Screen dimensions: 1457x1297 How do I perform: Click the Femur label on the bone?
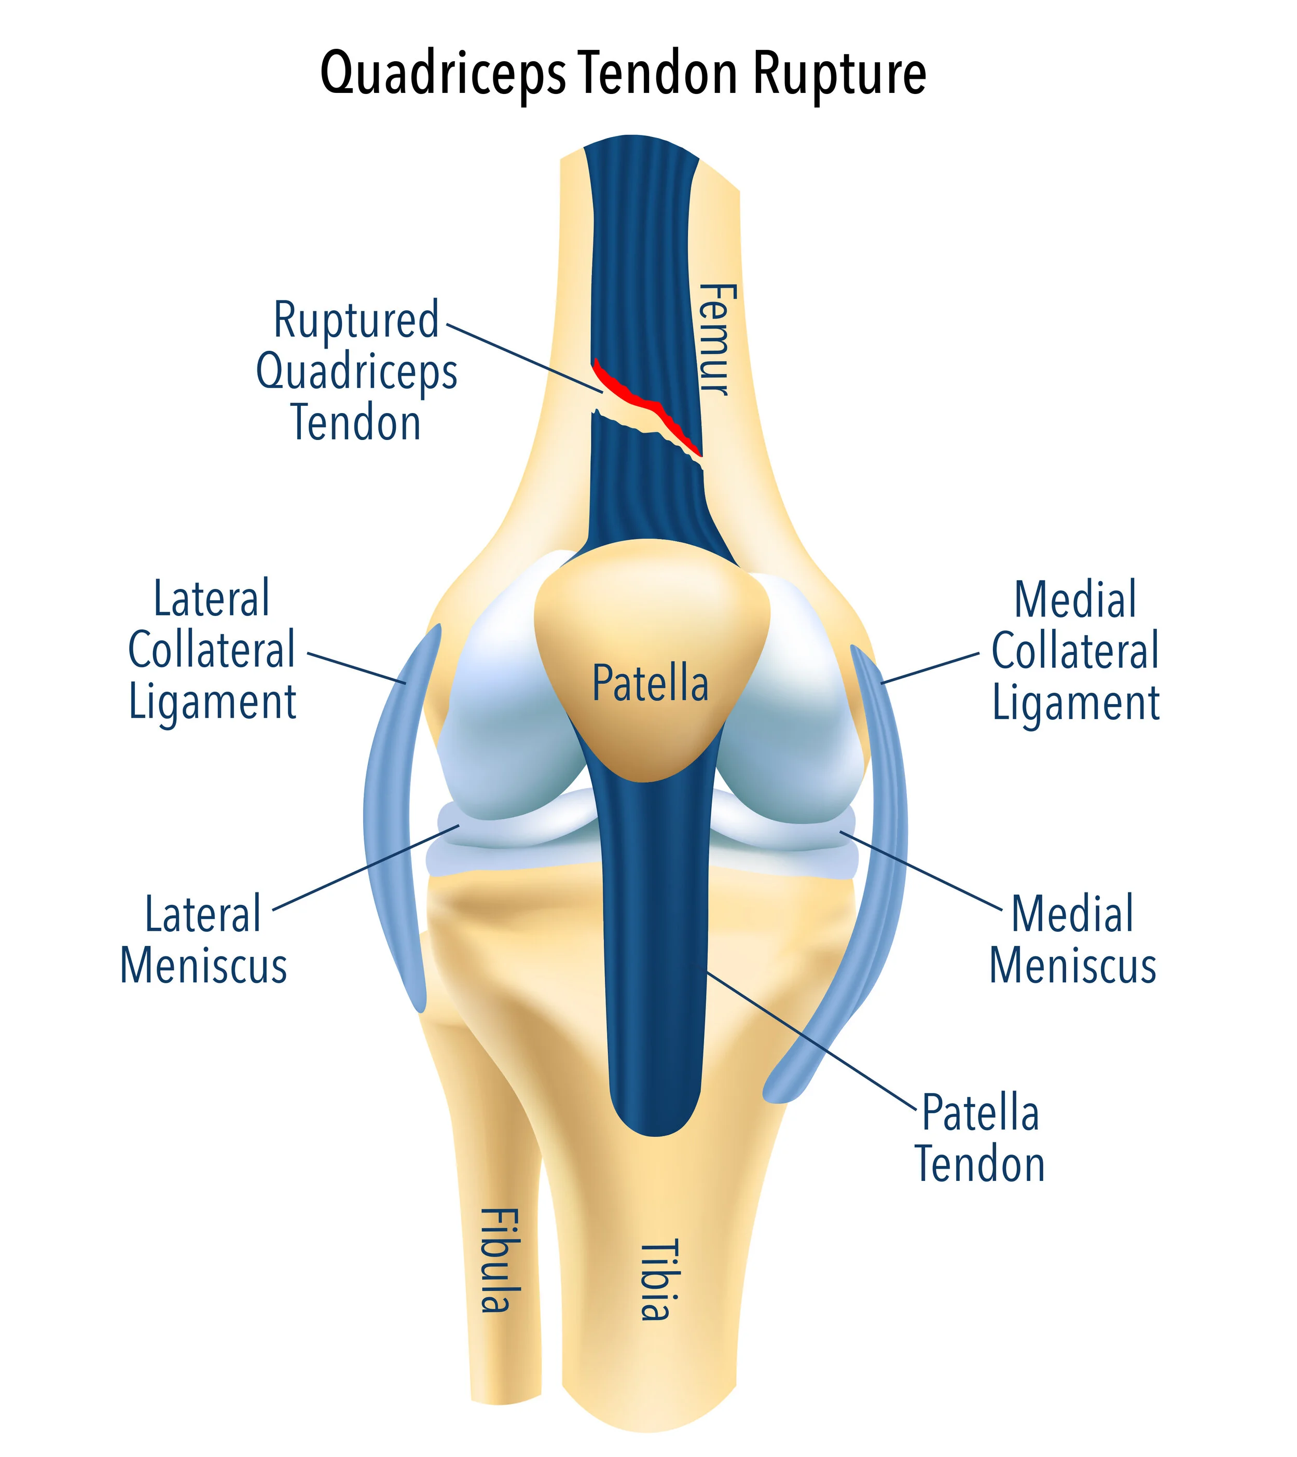click(715, 339)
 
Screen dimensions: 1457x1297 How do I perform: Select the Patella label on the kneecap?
click(650, 683)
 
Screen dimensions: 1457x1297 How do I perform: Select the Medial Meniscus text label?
click(1072, 941)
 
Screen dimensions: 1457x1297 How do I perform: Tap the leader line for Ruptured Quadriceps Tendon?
click(524, 357)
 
